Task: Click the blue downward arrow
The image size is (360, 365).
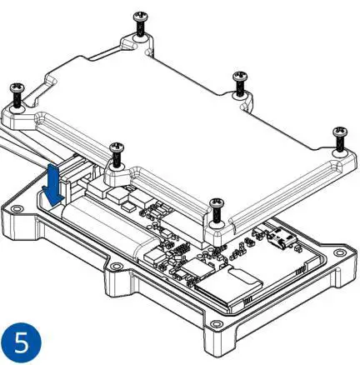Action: [x=53, y=184]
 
